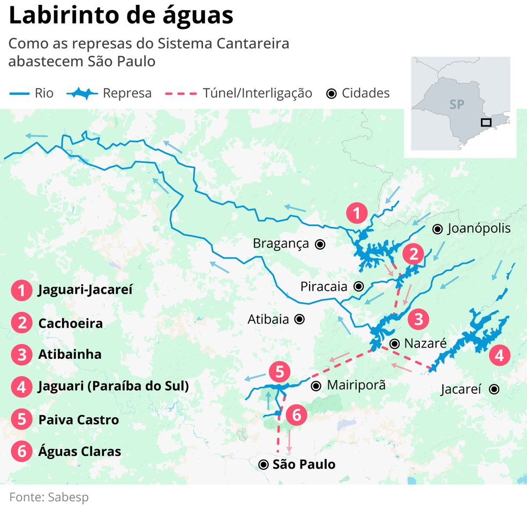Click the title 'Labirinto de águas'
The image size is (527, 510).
121,16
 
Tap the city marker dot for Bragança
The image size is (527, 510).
320,244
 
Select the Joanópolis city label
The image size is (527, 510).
479,229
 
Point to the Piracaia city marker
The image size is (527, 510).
358,286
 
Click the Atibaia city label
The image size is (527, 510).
268,319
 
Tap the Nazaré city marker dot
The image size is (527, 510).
394,343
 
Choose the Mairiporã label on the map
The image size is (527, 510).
356,385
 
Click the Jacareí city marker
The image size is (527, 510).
494,389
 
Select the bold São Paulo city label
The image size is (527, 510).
304,464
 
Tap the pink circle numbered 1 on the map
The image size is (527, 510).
357,213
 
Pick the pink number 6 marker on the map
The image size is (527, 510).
296,415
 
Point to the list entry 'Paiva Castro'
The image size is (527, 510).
78,419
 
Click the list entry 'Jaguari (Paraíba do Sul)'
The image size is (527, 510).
113,386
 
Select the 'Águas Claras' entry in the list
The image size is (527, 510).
79,451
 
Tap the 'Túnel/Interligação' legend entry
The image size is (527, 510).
257,93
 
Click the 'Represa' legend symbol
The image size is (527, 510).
82,93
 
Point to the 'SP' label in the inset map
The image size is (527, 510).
456,104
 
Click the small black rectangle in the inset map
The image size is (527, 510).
486,122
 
